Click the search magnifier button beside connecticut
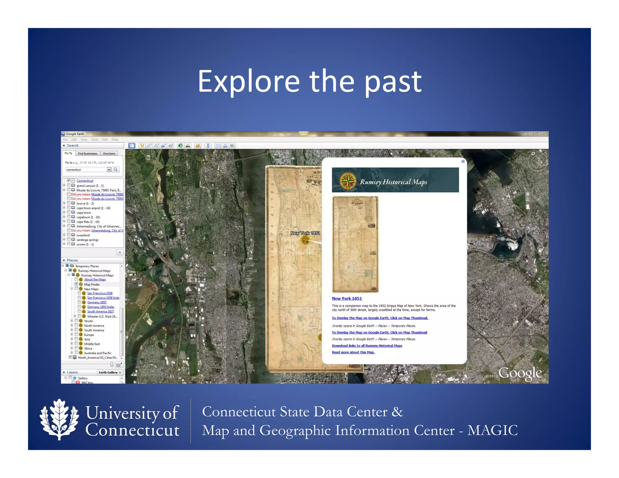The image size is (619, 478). [115, 170]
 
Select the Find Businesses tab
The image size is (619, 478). [87, 153]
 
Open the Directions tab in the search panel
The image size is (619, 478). [109, 153]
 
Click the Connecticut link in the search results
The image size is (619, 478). [85, 181]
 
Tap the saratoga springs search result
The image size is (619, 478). [87, 240]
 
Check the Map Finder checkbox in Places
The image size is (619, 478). [76, 284]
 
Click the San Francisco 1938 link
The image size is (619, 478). [100, 293]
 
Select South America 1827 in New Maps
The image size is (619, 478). [100, 312]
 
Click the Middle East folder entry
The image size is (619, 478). [92, 344]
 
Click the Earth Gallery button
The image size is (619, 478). [110, 372]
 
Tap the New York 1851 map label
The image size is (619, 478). [305, 233]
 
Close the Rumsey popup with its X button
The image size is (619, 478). [463, 161]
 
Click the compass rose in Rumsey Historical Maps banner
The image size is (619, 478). [348, 181]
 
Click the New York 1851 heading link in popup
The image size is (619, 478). [347, 298]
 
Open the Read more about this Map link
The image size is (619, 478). [353, 352]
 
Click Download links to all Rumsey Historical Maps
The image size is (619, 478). [367, 346]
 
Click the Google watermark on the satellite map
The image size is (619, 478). [520, 373]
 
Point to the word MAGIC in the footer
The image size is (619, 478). [492, 430]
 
